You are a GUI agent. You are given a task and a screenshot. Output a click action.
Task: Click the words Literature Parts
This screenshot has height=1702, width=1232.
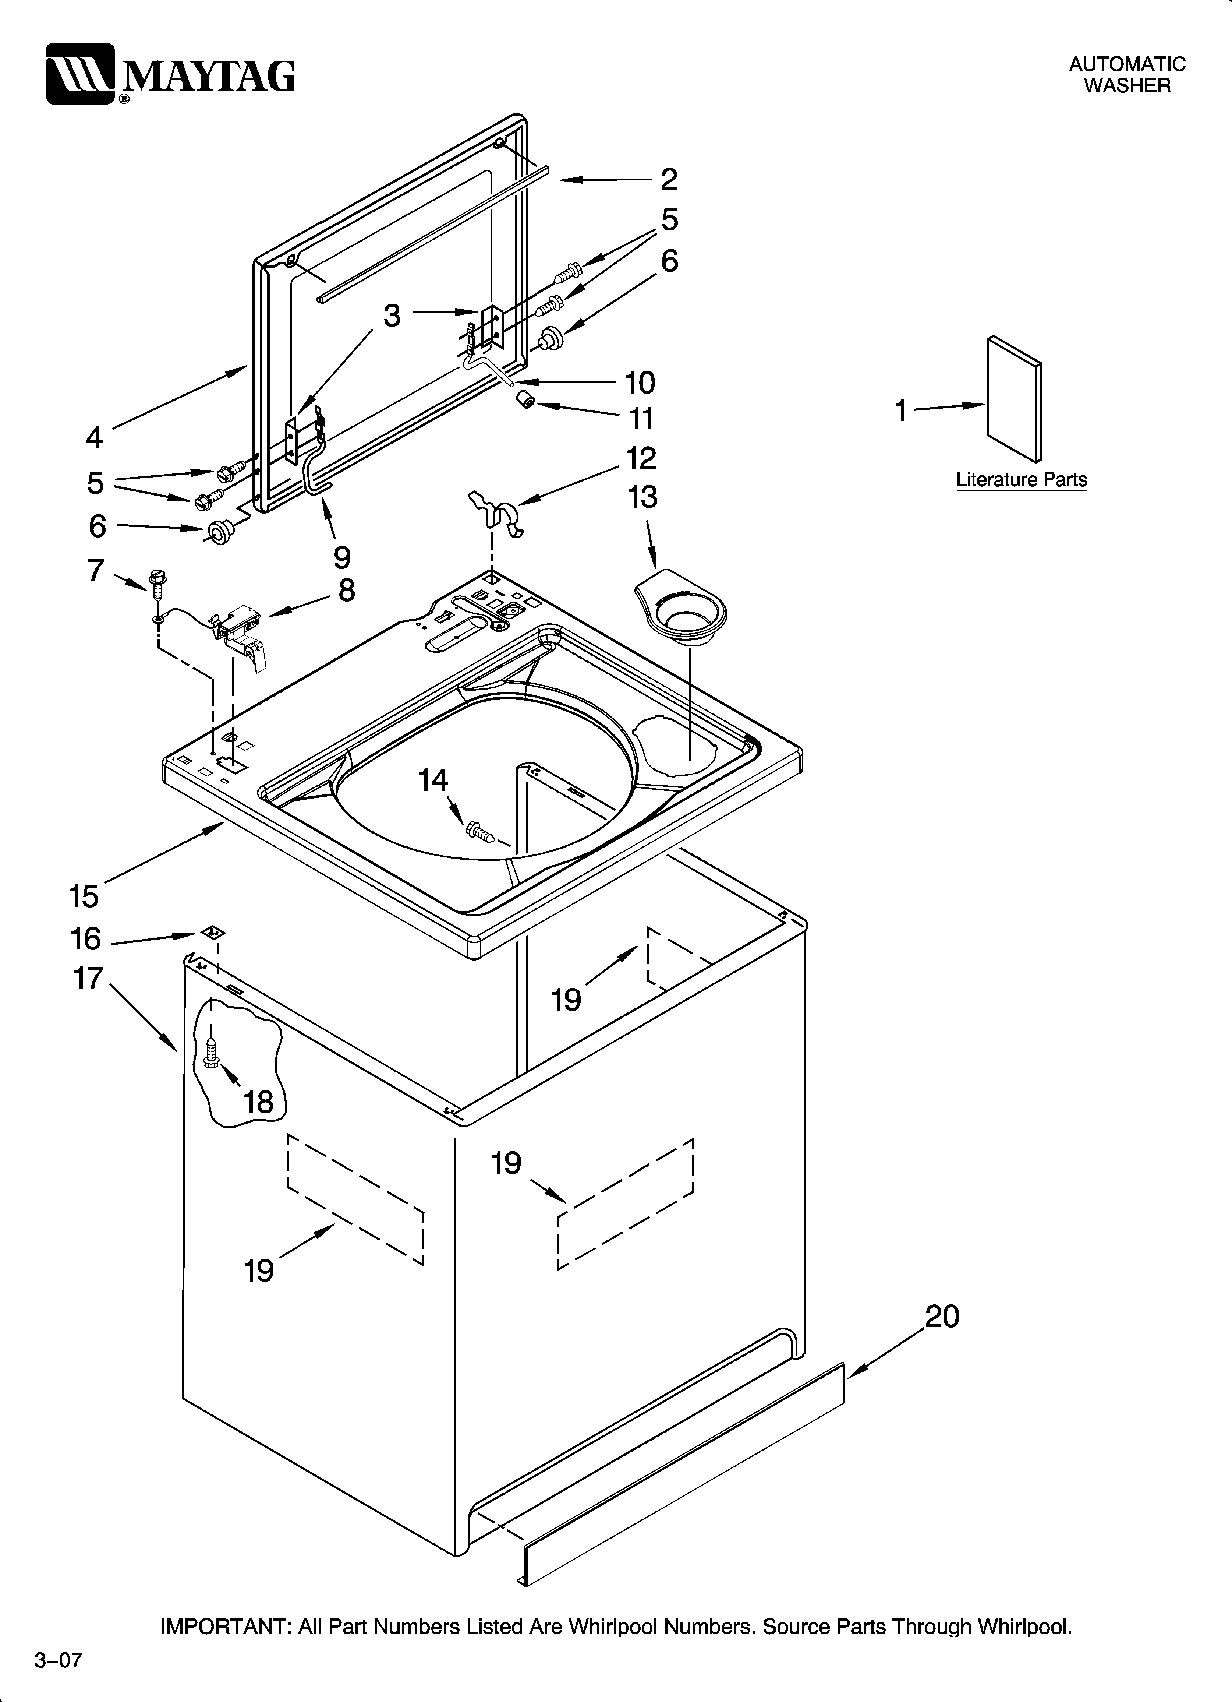pos(1021,480)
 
